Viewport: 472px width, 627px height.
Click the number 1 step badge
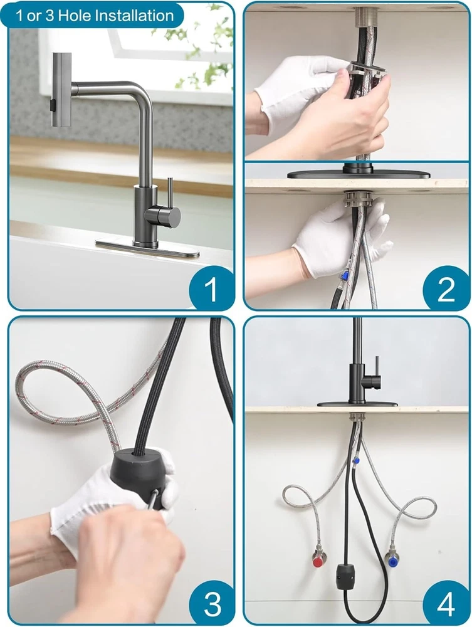[212, 288]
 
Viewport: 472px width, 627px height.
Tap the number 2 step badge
[446, 288]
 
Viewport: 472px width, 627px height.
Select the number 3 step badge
[212, 603]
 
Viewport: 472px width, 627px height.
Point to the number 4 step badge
[446, 603]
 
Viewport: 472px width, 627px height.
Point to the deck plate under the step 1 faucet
[147, 248]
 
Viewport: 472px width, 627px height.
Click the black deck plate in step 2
[359, 174]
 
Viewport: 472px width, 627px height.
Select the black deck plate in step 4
[357, 404]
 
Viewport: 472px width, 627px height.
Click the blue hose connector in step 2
[344, 276]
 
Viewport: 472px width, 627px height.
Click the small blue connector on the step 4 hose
[354, 461]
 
